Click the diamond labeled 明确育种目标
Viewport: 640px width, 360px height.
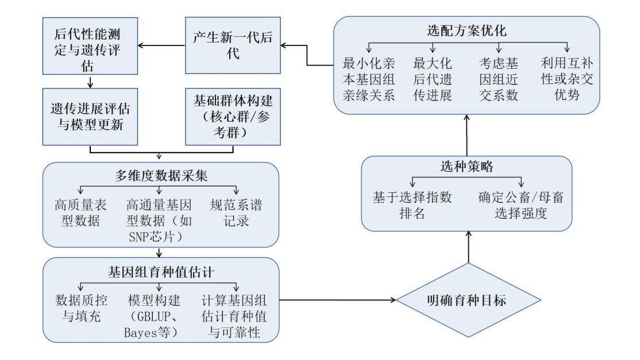point(468,300)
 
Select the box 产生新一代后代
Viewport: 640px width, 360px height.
point(233,45)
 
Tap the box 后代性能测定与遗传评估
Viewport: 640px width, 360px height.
point(90,46)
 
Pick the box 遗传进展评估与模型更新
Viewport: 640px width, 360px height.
point(90,117)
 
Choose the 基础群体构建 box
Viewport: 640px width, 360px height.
point(233,117)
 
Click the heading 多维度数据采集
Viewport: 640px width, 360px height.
point(161,176)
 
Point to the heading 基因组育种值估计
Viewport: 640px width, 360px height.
point(161,272)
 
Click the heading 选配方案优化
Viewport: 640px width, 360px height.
point(466,30)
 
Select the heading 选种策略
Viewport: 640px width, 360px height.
point(466,167)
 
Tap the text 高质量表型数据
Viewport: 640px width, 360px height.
point(80,213)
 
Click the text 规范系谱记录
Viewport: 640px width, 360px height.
point(236,213)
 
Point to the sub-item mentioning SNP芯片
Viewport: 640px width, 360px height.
point(159,220)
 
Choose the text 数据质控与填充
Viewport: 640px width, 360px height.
point(81,308)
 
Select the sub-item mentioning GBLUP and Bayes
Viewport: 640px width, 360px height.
point(153,316)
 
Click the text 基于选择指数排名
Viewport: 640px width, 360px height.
point(412,205)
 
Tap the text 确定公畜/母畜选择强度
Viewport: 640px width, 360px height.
point(521,205)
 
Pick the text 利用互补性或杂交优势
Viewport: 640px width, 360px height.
point(567,79)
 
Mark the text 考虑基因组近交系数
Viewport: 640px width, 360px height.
point(498,79)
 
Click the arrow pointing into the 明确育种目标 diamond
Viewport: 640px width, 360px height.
point(338,300)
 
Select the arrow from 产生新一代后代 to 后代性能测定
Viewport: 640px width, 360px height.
point(161,45)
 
